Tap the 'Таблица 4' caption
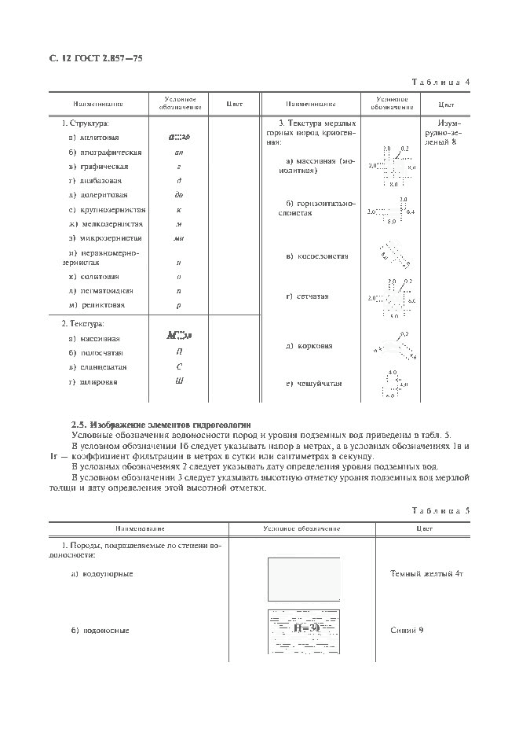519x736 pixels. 440,82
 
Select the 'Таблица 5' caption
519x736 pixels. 440,510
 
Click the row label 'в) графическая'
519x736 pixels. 98,167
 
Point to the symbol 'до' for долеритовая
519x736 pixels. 179,195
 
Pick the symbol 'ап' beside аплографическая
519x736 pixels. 179,152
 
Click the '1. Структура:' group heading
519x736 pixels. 85,123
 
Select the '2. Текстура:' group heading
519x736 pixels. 83,323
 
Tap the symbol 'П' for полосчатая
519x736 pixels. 179,352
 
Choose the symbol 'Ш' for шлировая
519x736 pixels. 179,381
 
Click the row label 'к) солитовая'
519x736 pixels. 93,277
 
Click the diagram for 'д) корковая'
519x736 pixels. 393,347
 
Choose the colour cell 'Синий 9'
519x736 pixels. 407,631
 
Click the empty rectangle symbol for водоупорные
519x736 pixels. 304,579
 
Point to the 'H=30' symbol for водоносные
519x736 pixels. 304,630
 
